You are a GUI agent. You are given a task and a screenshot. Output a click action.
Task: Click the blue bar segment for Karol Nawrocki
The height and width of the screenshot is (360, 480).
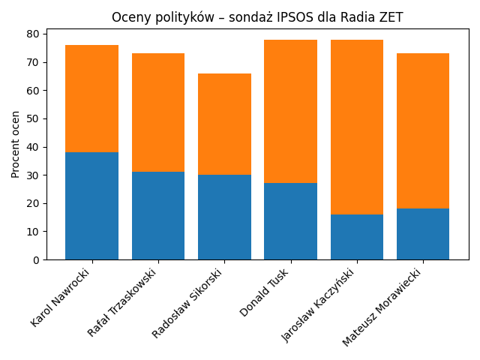tap(91, 206)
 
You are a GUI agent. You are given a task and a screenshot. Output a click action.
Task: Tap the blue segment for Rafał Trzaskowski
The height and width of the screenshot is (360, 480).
tap(158, 216)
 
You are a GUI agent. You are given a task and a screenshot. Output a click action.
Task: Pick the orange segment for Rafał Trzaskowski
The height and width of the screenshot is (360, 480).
tap(158, 112)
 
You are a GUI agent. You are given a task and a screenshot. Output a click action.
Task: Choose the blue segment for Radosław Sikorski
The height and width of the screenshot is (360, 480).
tap(224, 217)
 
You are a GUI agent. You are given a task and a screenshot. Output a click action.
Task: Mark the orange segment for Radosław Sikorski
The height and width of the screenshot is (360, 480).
tap(224, 124)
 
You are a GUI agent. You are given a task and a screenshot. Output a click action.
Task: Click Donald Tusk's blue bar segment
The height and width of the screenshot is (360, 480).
tap(290, 221)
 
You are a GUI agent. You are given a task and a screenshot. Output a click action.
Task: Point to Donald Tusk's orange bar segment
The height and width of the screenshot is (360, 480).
tap(290, 112)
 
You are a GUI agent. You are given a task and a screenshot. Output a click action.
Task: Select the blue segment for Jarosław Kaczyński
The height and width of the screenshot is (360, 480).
tap(357, 237)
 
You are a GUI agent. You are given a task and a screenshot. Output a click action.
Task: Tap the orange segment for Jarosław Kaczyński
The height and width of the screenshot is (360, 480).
tap(357, 127)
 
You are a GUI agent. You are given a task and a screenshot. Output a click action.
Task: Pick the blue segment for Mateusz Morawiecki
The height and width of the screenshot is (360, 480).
tap(423, 234)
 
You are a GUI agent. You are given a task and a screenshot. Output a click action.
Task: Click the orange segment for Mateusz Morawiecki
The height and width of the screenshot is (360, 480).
tap(423, 131)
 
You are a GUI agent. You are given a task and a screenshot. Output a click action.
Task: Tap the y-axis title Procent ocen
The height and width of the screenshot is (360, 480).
tap(16, 144)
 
